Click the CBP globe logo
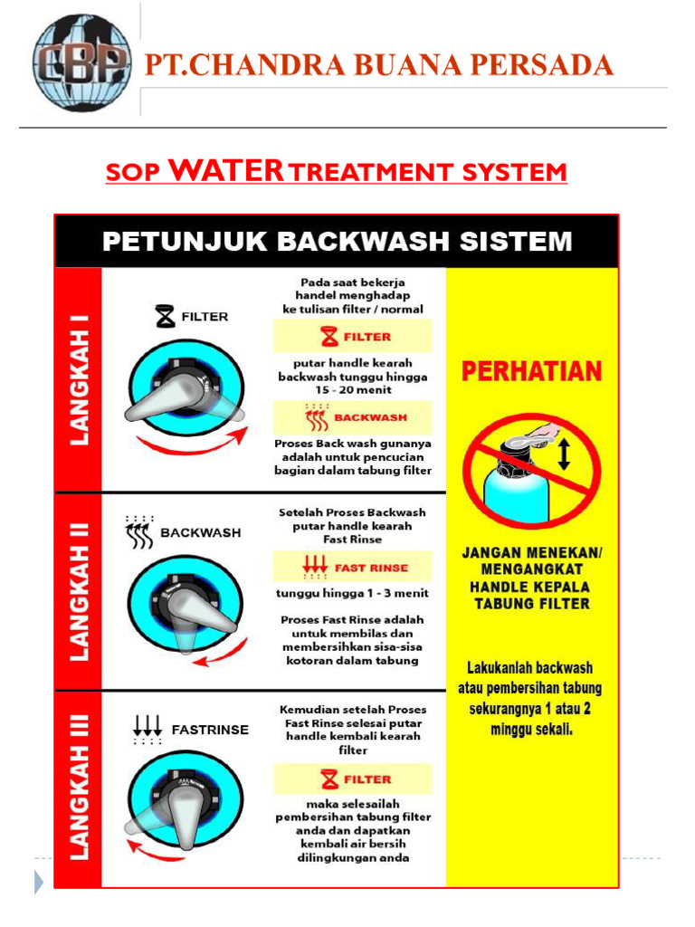[81, 64]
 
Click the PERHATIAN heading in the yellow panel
[532, 372]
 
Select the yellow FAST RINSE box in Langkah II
[354, 568]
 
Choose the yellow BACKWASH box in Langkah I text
[354, 417]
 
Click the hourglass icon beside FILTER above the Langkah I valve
[165, 317]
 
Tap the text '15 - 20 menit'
[353, 390]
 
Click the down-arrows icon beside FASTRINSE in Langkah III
[147, 729]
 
